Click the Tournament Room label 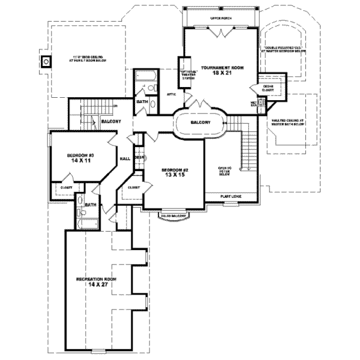pos(218,67)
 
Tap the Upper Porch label pos(220,19)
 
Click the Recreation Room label pos(95,280)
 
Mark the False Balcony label pos(172,214)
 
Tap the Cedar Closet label pos(268,89)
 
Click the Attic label pos(171,94)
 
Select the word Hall pos(125,159)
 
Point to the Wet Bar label pos(254,103)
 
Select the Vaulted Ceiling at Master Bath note pos(289,123)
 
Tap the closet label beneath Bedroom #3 pos(66,187)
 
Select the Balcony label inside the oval pos(200,122)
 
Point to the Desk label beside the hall pos(139,158)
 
